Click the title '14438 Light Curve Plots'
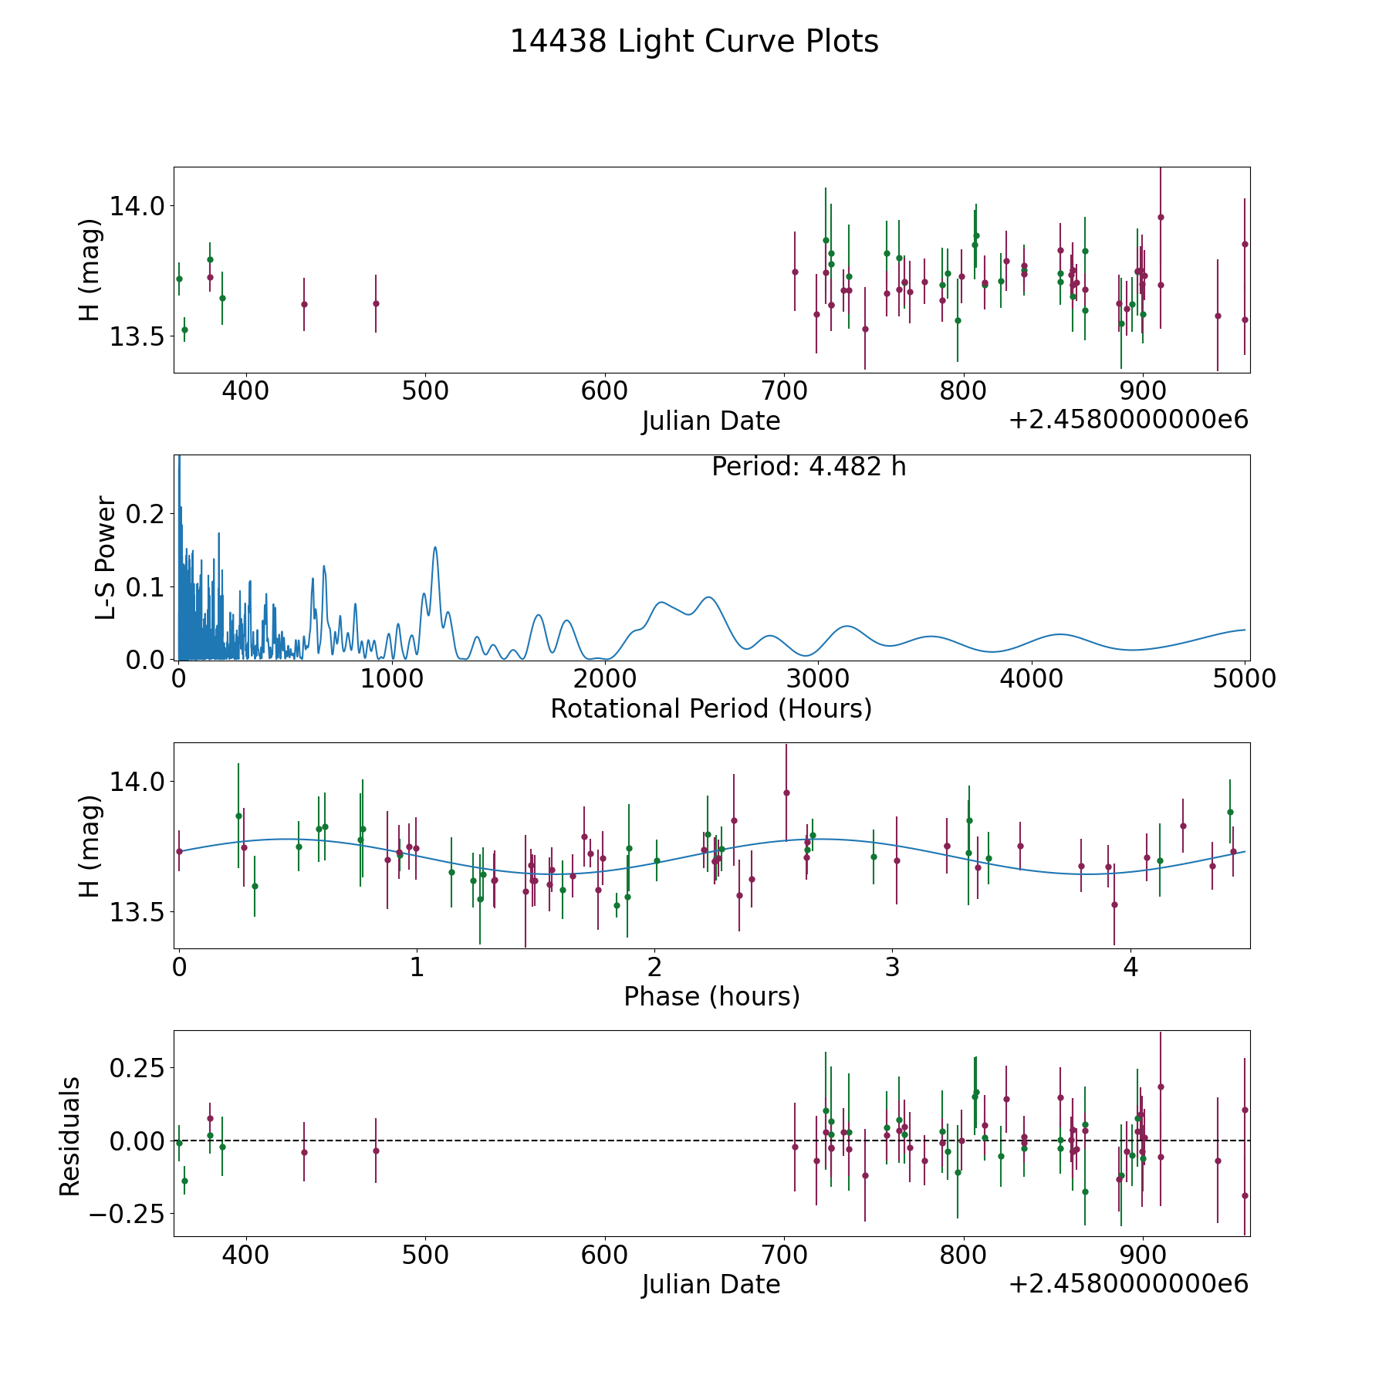click(x=694, y=42)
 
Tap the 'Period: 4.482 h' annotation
click(x=808, y=467)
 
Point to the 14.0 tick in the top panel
click(x=137, y=206)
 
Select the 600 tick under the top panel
click(x=603, y=390)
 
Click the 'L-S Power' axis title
click(x=106, y=558)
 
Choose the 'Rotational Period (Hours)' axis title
click(x=711, y=708)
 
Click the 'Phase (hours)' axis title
click(x=711, y=996)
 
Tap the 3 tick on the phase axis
click(x=892, y=967)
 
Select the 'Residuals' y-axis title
click(x=70, y=1137)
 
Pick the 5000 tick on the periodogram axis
click(x=1244, y=679)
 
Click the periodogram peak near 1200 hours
click(x=435, y=547)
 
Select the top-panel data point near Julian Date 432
click(x=304, y=304)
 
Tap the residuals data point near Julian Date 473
click(x=376, y=1151)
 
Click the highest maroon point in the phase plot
click(x=786, y=793)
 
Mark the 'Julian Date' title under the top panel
click(x=711, y=421)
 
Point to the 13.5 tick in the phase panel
click(x=137, y=912)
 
